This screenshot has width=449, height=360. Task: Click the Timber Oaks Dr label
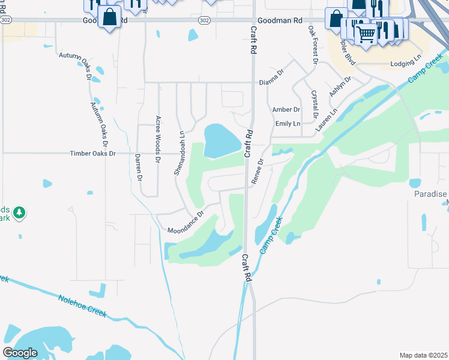point(92,154)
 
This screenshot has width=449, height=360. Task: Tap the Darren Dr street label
point(138,167)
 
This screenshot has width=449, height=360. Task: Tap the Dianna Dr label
point(271,82)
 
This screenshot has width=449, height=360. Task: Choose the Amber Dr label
point(286,110)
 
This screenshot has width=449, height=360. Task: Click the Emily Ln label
point(288,124)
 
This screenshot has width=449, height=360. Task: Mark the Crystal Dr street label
point(315,104)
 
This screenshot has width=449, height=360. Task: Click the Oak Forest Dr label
point(313,44)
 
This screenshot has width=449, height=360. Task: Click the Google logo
point(20,353)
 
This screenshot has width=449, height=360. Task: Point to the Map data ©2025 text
point(423,355)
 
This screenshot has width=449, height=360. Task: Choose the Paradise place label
point(430,194)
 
